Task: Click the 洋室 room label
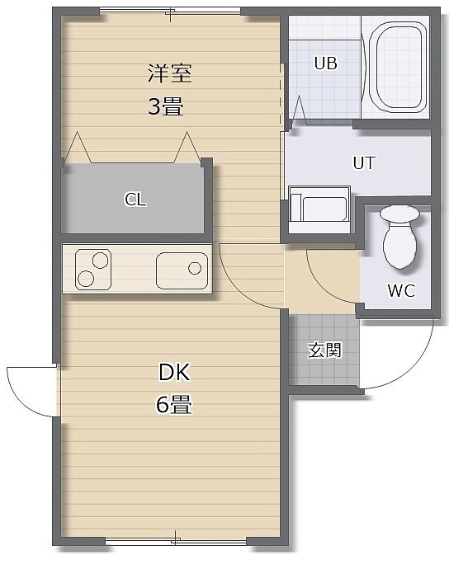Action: (x=169, y=73)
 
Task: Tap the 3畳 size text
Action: (x=166, y=106)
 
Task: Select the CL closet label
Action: (x=135, y=199)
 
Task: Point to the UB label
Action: (x=325, y=63)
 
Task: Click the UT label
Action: (x=364, y=162)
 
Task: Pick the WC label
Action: (x=401, y=290)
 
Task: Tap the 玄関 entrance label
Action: (x=324, y=350)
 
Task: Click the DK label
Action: (x=174, y=372)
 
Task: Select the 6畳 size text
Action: (x=173, y=404)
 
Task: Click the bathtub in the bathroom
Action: (x=398, y=68)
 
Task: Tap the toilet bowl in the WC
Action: (x=399, y=246)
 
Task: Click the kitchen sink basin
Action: (x=182, y=270)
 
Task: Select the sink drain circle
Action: (x=195, y=268)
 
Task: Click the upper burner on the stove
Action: (x=100, y=260)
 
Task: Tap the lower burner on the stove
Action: (x=86, y=279)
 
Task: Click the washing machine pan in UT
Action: (x=319, y=209)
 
